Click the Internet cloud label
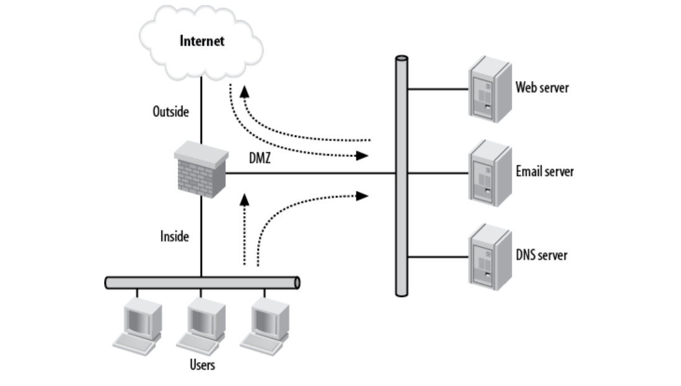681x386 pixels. click(x=202, y=42)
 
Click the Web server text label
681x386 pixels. click(x=541, y=87)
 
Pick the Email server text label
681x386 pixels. click(x=544, y=171)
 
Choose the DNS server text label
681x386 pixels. click(x=541, y=254)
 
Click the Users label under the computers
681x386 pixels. click(x=202, y=364)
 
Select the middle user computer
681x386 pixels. click(x=201, y=323)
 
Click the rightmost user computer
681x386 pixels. click(x=264, y=323)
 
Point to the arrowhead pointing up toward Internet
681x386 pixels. click(x=245, y=91)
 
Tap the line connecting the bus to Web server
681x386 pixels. click(x=438, y=89)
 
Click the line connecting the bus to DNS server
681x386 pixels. click(x=438, y=254)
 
